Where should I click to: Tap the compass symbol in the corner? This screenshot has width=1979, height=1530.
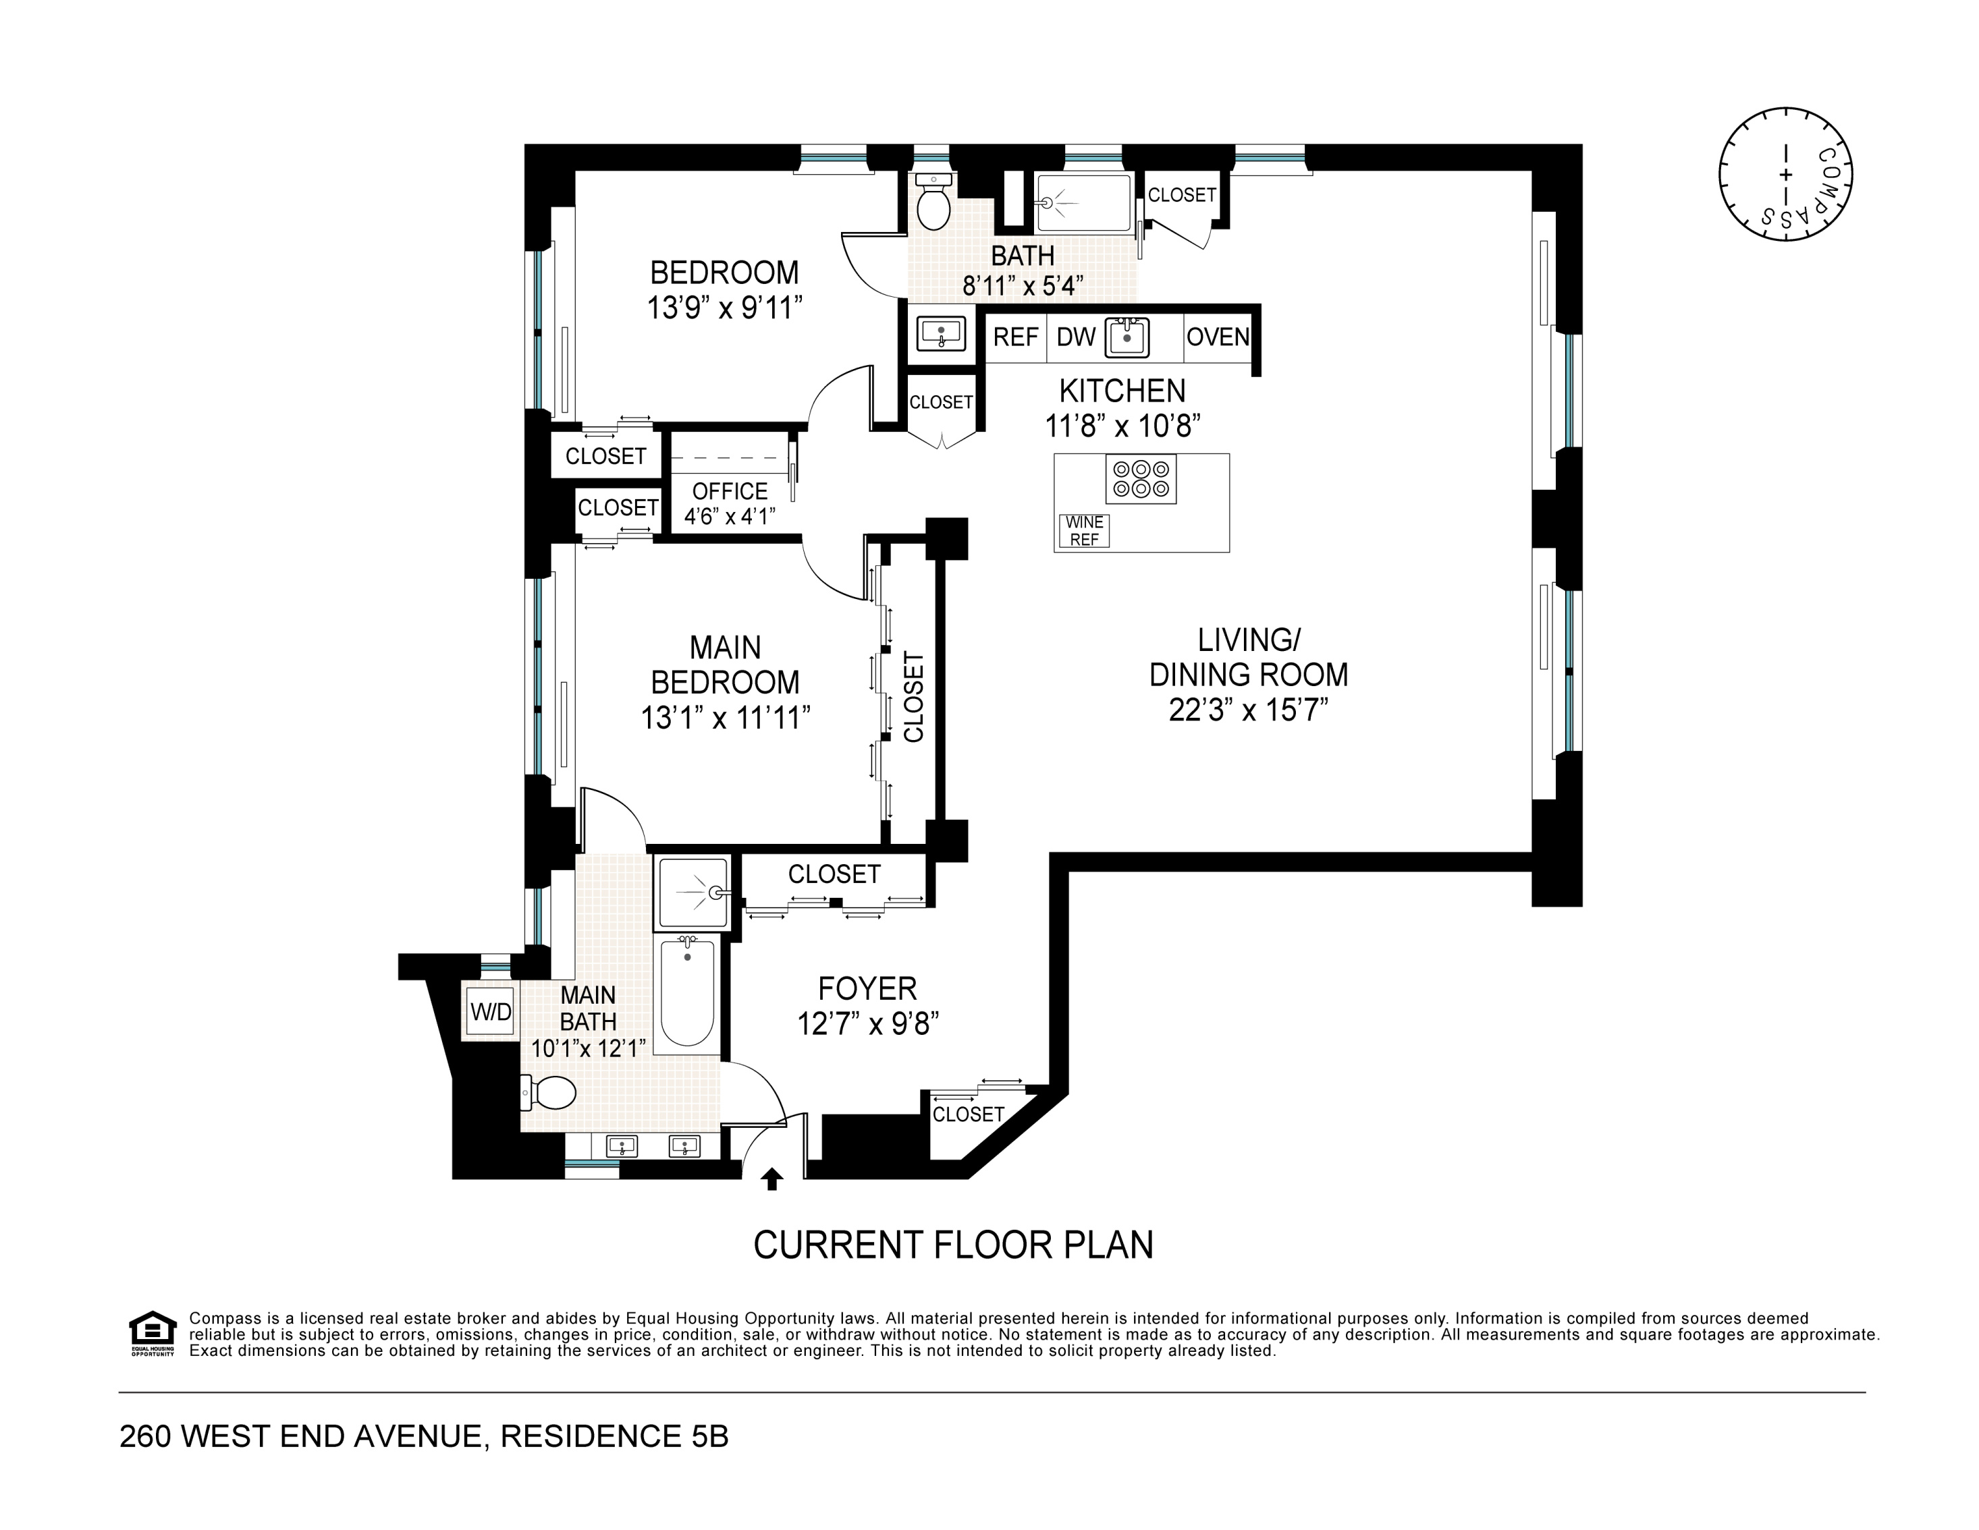click(x=1785, y=174)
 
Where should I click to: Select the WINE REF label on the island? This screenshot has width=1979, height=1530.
click(x=1085, y=531)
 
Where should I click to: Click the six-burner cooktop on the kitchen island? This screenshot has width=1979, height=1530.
click(x=1141, y=479)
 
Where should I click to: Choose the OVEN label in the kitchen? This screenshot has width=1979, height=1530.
click(x=1218, y=337)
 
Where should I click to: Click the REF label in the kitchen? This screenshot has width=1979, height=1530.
click(x=1016, y=337)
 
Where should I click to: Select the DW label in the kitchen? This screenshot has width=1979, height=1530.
click(x=1077, y=337)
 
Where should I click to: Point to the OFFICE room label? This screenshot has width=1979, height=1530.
click(x=730, y=491)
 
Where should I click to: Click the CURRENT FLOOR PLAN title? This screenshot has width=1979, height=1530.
click(x=953, y=1245)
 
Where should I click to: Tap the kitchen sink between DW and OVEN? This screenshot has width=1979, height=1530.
click(x=1127, y=337)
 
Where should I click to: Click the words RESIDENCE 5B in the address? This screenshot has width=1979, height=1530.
click(x=614, y=1437)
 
